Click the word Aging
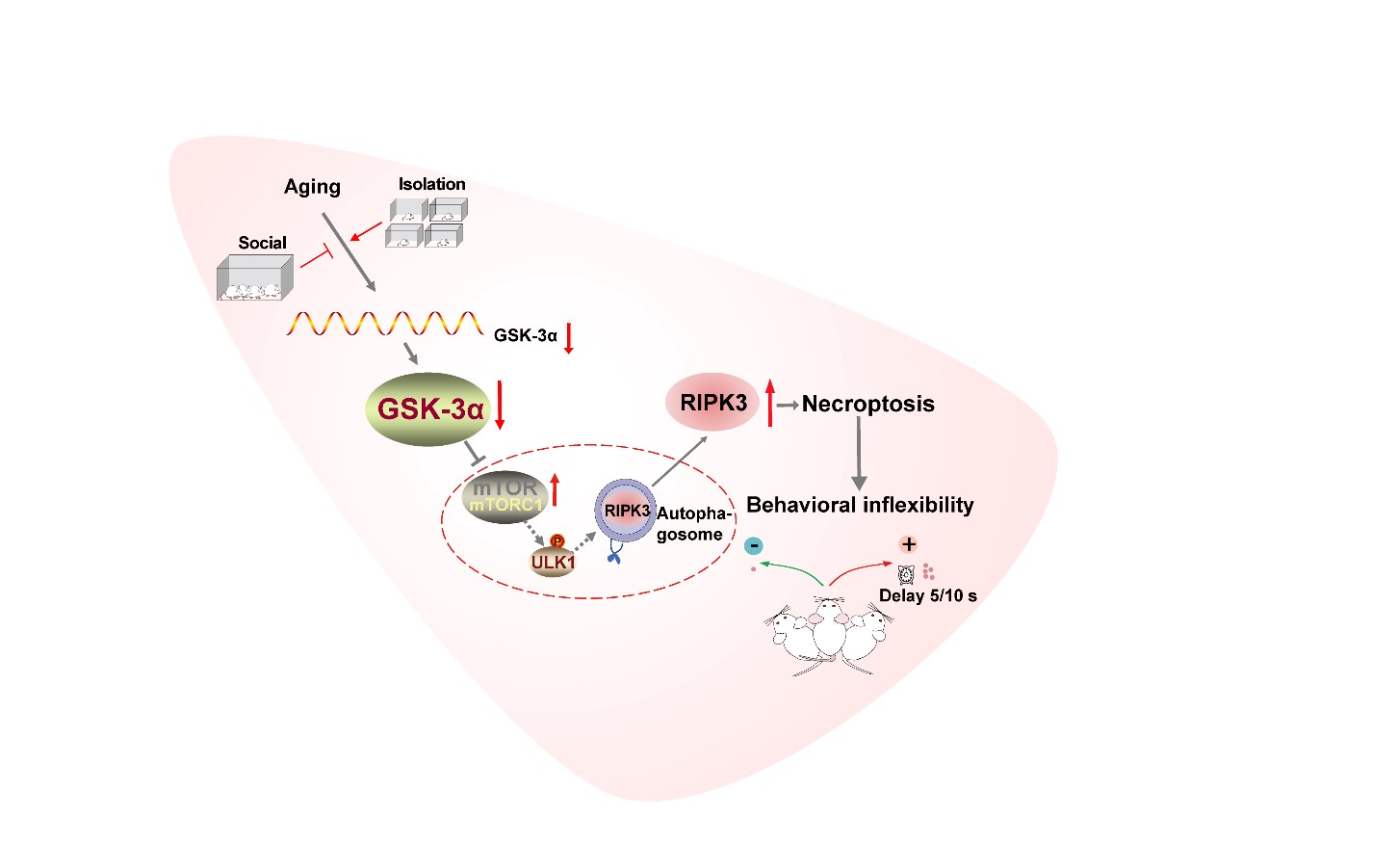click(312, 187)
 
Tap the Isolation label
click(431, 184)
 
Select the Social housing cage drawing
click(254, 278)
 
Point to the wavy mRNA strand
click(384, 324)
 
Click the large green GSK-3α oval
click(428, 409)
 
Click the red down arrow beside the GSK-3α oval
click(500, 406)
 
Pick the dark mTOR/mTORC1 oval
click(505, 497)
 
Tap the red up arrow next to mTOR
click(555, 489)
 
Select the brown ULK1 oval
click(553, 562)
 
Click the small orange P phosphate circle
click(556, 541)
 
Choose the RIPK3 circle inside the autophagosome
click(626, 511)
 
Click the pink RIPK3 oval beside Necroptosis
click(712, 403)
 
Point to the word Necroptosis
click(867, 404)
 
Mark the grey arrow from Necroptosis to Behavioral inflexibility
click(859, 453)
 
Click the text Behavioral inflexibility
click(860, 505)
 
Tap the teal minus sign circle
click(755, 546)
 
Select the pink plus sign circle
click(908, 544)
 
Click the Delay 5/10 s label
click(927, 595)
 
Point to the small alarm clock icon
click(906, 574)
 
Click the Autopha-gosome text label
click(693, 524)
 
